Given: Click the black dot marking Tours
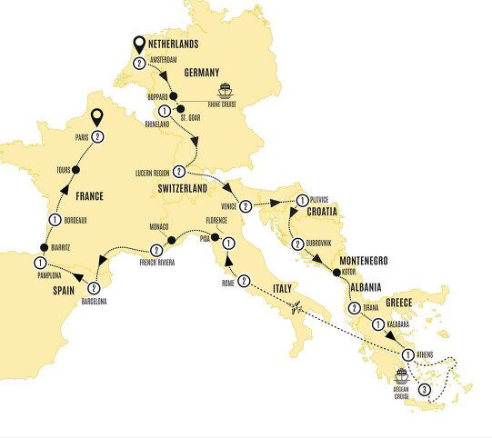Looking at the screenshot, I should tap(76, 170).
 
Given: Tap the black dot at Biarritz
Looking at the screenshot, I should tap(43, 247).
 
